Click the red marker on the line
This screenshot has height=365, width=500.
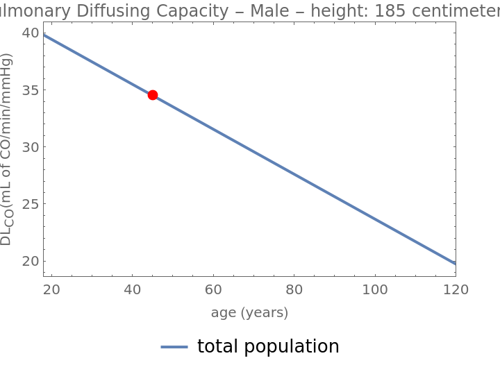point(153,95)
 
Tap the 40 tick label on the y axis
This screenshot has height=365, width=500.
point(30,33)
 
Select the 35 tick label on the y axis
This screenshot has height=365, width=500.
point(30,90)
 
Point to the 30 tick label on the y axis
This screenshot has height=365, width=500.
point(30,147)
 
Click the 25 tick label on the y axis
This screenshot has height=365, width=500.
point(30,204)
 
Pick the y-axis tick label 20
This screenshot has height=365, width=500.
point(30,262)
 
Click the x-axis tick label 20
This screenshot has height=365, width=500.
point(51,289)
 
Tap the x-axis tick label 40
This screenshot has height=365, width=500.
point(133,289)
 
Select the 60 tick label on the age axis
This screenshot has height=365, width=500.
point(213,289)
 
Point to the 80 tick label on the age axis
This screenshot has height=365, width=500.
point(294,289)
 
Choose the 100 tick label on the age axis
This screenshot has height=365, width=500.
point(375,289)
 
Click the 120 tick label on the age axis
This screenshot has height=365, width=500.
point(456,289)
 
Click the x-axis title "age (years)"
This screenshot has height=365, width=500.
point(249,313)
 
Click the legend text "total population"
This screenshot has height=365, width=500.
point(268,346)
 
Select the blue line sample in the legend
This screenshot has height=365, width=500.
point(174,347)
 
